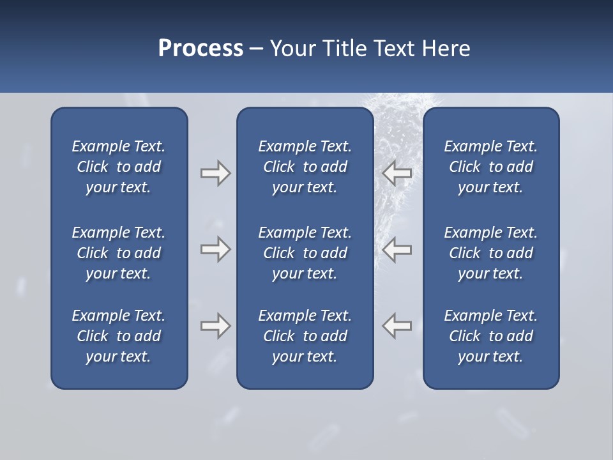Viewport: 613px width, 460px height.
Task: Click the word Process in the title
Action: [x=201, y=49]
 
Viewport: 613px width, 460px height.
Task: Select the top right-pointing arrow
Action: [x=215, y=173]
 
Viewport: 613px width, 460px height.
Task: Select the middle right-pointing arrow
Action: [x=215, y=249]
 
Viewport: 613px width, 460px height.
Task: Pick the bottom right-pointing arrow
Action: [x=215, y=326]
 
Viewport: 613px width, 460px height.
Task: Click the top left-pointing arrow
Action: [x=397, y=173]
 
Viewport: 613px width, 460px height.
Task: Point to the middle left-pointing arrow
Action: [x=397, y=249]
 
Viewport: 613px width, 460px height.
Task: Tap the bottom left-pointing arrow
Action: [x=397, y=326]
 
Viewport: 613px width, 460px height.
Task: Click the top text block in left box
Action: [x=119, y=167]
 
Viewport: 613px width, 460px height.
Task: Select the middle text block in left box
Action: [x=119, y=253]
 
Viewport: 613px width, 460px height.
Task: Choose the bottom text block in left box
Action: [x=119, y=336]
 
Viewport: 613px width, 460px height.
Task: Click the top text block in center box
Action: [x=305, y=167]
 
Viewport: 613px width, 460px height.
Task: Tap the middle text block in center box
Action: [x=305, y=253]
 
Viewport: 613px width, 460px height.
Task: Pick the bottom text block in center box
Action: [x=305, y=336]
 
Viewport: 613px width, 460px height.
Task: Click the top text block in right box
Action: [x=490, y=167]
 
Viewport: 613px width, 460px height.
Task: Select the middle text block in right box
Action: [x=490, y=253]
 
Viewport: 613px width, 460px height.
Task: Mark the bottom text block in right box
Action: [x=490, y=336]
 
